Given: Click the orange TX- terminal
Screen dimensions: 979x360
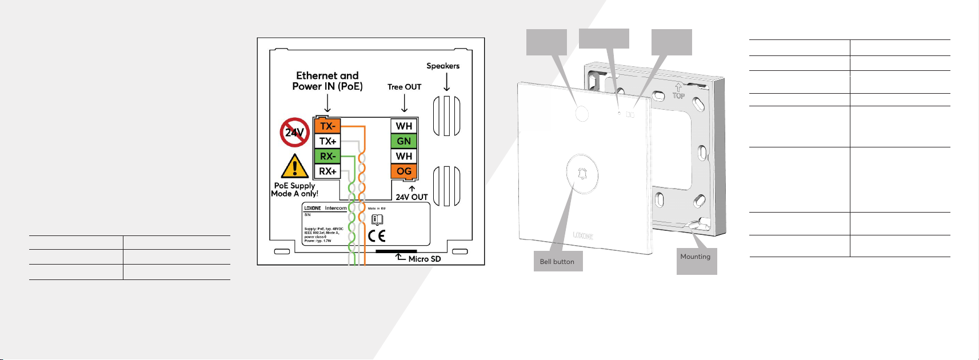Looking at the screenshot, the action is (327, 126).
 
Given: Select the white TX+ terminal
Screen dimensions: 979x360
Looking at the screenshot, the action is (327, 141).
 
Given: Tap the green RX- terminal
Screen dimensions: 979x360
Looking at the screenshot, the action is (327, 156).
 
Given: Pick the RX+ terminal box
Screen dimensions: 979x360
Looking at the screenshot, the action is (327, 171).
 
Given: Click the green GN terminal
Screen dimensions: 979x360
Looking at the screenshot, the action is (404, 141).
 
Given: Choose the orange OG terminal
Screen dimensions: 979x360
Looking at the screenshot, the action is (404, 171).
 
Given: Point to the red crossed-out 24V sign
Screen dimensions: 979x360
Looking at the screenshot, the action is (294, 133).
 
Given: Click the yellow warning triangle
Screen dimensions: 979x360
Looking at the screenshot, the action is (294, 167).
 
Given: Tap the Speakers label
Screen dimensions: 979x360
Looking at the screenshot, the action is (443, 66).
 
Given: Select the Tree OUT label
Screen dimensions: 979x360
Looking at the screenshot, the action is (404, 87).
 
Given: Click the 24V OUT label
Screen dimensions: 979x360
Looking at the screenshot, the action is (411, 197).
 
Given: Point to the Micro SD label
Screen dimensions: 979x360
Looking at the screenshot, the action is (424, 259).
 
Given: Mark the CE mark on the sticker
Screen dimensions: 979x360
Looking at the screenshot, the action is (377, 235).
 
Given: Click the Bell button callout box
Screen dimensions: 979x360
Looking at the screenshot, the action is (558, 261).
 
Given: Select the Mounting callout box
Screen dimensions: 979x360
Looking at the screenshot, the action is (696, 261).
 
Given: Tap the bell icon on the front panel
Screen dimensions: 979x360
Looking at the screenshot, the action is (582, 173).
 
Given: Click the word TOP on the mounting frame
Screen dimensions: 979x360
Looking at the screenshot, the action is (678, 95).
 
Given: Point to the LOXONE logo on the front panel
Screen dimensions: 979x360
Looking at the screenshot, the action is (583, 235).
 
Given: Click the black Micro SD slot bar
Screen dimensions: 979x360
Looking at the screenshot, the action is (396, 251).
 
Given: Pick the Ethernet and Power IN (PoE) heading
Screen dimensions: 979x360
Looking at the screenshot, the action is (327, 81).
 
